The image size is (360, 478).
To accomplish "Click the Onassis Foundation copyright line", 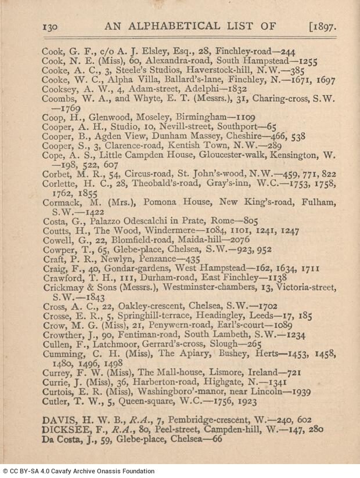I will coord(78,471).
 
